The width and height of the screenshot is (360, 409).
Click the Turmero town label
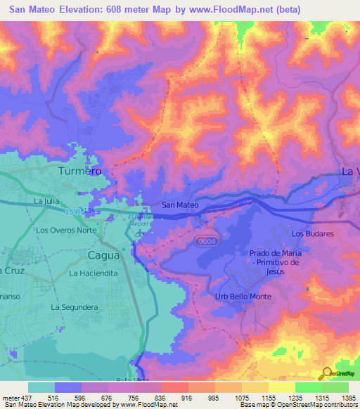pos(79,171)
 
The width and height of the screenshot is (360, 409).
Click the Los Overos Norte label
pos(66,230)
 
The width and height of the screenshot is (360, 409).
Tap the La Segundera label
pos(73,307)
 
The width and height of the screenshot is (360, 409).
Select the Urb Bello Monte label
pos(243,297)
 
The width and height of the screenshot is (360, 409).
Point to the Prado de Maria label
pos(275,253)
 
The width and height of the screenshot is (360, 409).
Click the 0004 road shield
pos(205,241)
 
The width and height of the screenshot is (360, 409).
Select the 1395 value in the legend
pos(347,397)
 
